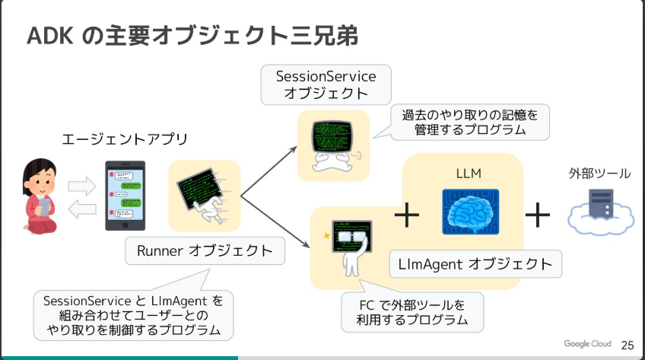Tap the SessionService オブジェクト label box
[326, 84]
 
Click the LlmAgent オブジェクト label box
[475, 264]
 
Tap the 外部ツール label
[599, 174]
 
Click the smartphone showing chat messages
[126, 195]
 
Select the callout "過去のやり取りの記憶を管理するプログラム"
[469, 122]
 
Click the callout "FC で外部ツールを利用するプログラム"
[411, 312]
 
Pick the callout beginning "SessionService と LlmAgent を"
[133, 315]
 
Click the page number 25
[628, 345]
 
